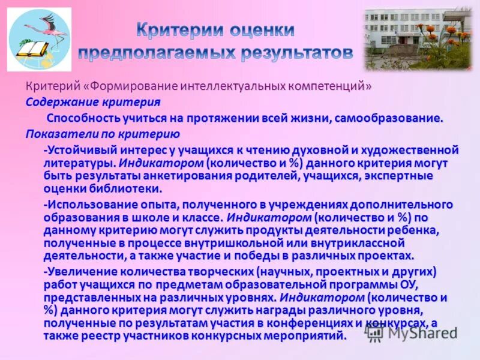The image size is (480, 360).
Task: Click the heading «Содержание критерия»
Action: coord(93,102)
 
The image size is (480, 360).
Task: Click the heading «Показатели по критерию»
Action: coord(103,134)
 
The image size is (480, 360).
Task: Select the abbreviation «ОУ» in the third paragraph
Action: coord(424,284)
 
